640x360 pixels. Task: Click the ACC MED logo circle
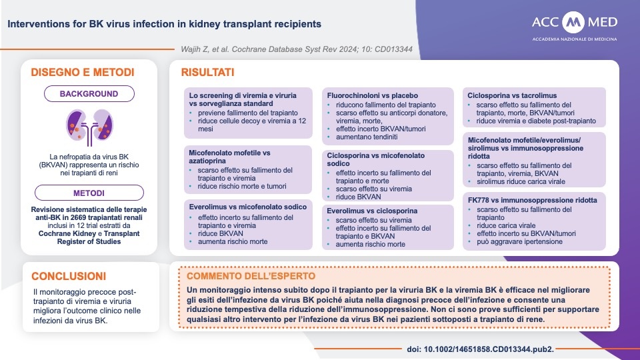click(x=573, y=22)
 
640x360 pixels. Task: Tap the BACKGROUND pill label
click(x=89, y=94)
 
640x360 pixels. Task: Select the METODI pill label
click(x=89, y=193)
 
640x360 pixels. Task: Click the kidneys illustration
click(x=90, y=127)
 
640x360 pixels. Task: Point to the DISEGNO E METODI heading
click(x=83, y=72)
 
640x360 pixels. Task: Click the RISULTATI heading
click(x=208, y=72)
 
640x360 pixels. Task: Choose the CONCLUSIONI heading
click(x=69, y=276)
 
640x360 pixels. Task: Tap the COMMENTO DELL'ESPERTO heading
click(x=251, y=276)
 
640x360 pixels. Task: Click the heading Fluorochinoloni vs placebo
click(x=372, y=95)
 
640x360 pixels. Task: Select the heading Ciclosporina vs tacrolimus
click(x=512, y=95)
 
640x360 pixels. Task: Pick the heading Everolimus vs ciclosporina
click(x=372, y=211)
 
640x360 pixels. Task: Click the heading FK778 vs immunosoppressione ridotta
click(x=532, y=200)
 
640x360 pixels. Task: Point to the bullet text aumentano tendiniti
click(x=367, y=137)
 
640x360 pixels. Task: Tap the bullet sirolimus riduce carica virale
click(x=521, y=181)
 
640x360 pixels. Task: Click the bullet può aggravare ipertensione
click(x=519, y=241)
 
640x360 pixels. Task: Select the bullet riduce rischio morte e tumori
click(x=242, y=186)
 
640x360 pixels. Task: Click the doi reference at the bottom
click(x=481, y=349)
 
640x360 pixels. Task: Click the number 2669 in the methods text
click(x=79, y=217)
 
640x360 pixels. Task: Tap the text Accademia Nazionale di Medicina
click(x=574, y=39)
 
